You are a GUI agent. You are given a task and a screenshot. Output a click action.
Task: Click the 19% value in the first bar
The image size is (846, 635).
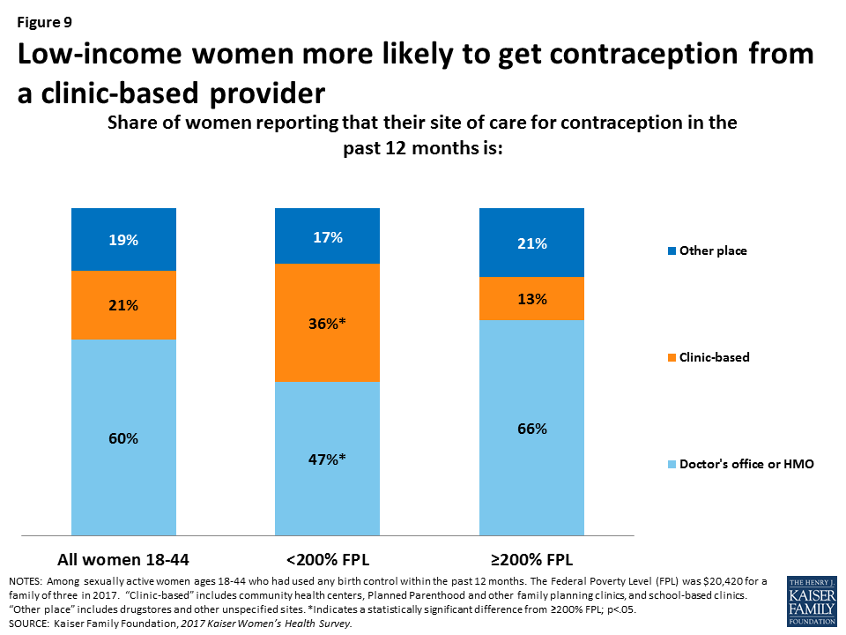tap(124, 239)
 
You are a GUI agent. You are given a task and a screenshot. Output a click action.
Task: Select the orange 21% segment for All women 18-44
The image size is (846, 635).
tap(124, 305)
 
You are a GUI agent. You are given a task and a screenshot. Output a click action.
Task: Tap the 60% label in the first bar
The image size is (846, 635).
tap(124, 438)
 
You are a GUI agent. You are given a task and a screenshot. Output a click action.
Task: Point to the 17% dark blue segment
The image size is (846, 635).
tap(328, 236)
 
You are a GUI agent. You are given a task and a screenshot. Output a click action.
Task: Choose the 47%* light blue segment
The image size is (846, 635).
tap(328, 459)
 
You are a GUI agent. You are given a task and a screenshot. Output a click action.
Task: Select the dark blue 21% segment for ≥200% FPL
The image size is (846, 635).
tap(531, 243)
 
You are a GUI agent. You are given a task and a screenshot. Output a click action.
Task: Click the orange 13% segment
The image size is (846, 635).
tap(531, 299)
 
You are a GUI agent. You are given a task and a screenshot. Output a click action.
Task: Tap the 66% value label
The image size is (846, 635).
tap(531, 429)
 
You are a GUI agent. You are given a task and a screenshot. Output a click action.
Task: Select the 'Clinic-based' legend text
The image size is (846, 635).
tap(715, 357)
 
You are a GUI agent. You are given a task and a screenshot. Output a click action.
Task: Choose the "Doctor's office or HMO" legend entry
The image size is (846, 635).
tap(746, 463)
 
